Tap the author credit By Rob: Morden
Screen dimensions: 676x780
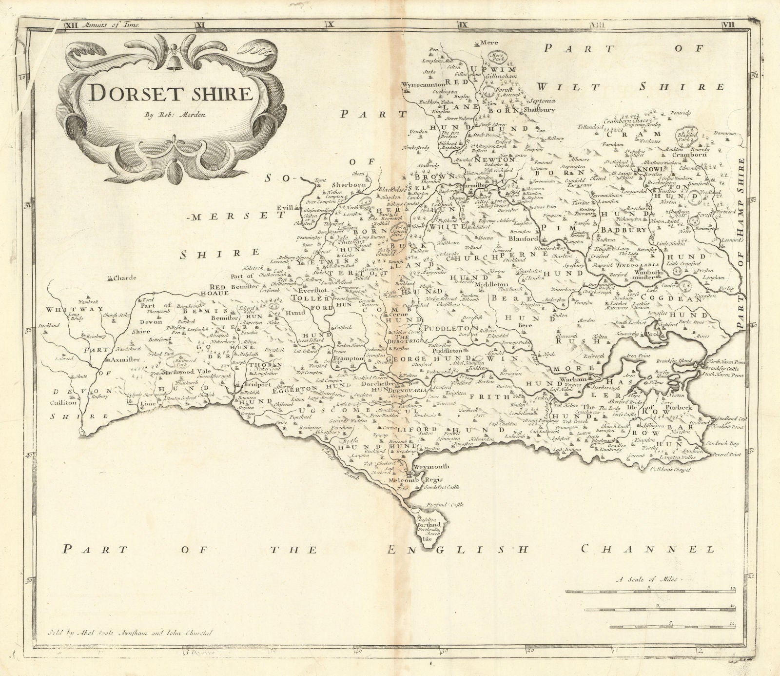tap(168, 116)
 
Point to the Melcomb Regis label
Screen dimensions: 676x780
tap(409, 480)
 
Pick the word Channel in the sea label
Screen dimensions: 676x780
tap(648, 550)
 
